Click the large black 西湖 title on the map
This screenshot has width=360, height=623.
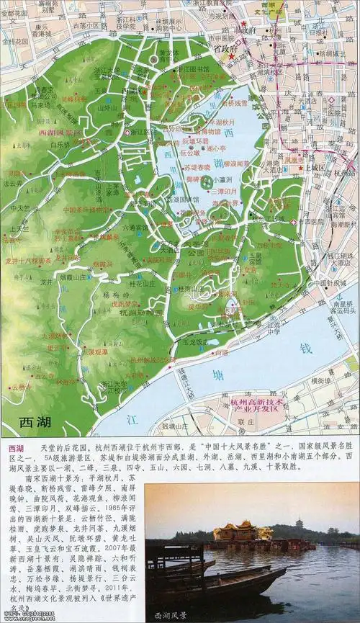point(37,422)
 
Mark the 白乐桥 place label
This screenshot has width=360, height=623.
point(60,145)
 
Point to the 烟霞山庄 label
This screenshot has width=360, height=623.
point(74,276)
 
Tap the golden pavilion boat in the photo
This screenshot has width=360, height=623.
point(242,532)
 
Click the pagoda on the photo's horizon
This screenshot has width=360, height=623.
point(299,523)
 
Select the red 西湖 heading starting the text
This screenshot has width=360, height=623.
point(14,448)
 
